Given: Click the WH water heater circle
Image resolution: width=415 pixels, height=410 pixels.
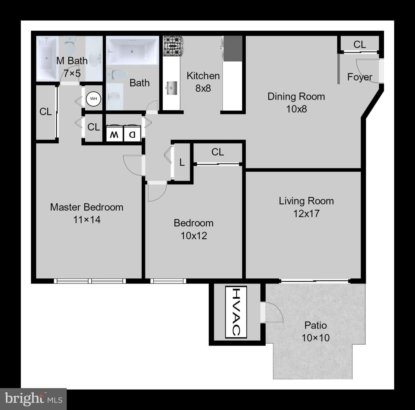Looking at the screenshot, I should pos(93,99).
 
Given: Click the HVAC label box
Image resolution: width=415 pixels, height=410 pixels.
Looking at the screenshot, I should pos(236,312).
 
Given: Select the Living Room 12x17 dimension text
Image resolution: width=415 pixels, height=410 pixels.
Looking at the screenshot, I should pos(306,214).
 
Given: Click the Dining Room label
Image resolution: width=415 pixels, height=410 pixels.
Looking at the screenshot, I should pos(296,96).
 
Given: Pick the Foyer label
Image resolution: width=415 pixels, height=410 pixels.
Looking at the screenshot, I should pos(359,77).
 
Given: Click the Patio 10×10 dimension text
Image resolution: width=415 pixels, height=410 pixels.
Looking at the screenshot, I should pos(315,338).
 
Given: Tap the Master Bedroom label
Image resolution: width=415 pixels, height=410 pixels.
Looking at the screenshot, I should pos(87,207).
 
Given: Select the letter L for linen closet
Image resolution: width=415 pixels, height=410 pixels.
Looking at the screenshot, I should pos(182,162).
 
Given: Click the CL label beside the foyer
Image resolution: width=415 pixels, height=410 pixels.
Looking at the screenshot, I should pos(359,44).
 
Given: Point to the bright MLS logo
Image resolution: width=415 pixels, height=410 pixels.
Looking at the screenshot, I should pos(33,399).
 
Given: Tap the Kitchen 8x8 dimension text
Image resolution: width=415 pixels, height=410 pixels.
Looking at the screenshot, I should pos(203,88).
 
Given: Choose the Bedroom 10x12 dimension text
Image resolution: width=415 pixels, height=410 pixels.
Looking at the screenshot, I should pos(194,236).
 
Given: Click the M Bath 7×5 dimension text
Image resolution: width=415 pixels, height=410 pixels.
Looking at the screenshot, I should pos(72,73).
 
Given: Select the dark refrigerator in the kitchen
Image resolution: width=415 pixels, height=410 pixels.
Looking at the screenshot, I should pos(233,48).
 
